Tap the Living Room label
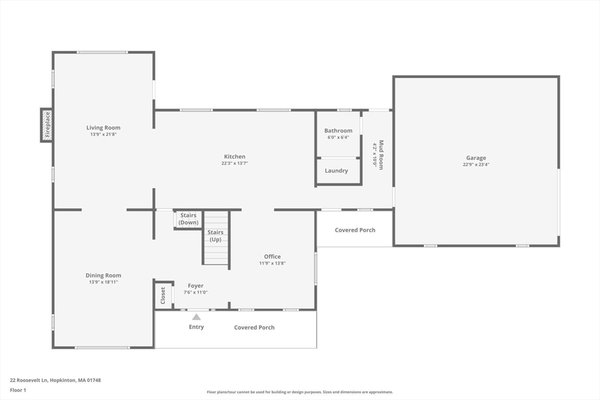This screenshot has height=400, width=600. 103,128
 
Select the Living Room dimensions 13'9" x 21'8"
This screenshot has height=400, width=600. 103,135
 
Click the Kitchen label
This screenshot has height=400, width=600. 234,156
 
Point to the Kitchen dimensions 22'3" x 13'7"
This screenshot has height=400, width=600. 234,163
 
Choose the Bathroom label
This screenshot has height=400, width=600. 338,131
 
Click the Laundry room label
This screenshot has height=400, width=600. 336,171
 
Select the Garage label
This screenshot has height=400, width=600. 476,158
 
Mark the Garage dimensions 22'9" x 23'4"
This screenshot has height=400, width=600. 476,165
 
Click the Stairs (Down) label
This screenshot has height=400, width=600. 188,219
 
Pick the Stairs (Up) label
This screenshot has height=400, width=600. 215,236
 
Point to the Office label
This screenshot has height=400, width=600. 272,257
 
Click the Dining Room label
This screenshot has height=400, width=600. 103,275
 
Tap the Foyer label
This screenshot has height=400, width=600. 196,286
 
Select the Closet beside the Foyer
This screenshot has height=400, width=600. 163,295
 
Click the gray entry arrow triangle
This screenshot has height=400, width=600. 196,317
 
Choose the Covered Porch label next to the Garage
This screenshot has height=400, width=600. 355,230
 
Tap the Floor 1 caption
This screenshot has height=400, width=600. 18,389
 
